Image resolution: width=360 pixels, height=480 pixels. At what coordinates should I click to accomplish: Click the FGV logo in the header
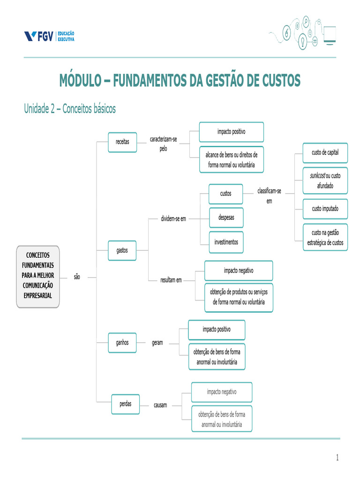click(49, 37)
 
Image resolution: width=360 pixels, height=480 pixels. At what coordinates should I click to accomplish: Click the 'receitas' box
click(122, 142)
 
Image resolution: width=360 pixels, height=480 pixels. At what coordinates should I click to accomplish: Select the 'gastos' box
click(122, 250)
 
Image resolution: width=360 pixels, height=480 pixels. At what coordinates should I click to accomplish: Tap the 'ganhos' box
click(122, 342)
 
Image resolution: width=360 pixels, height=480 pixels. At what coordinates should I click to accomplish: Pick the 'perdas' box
click(126, 404)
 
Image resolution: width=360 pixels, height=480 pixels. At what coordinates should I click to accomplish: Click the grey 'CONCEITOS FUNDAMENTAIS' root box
click(38, 276)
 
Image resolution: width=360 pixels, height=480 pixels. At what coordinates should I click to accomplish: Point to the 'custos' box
click(225, 194)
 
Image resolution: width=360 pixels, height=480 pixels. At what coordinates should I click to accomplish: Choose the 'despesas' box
click(226, 217)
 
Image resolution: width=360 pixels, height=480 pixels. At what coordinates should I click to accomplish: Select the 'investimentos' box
click(226, 242)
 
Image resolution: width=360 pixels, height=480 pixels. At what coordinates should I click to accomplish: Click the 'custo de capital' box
click(325, 153)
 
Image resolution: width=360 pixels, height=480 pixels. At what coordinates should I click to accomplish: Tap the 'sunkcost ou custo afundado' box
click(325, 180)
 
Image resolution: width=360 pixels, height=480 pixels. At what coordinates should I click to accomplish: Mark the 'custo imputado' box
click(325, 209)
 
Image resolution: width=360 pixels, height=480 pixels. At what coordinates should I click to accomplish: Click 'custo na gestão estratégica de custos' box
click(325, 237)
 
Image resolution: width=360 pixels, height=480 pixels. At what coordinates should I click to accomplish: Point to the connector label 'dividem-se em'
click(173, 219)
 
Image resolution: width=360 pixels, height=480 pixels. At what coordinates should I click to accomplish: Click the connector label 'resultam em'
click(171, 280)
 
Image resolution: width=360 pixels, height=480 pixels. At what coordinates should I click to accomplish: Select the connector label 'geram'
click(157, 343)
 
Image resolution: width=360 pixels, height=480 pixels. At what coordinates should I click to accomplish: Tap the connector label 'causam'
click(160, 405)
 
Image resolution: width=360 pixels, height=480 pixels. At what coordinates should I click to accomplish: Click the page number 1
click(337, 457)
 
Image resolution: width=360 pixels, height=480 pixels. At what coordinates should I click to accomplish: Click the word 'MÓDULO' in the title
click(79, 81)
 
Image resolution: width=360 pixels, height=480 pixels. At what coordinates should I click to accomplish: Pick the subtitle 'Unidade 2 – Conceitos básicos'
click(70, 109)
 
